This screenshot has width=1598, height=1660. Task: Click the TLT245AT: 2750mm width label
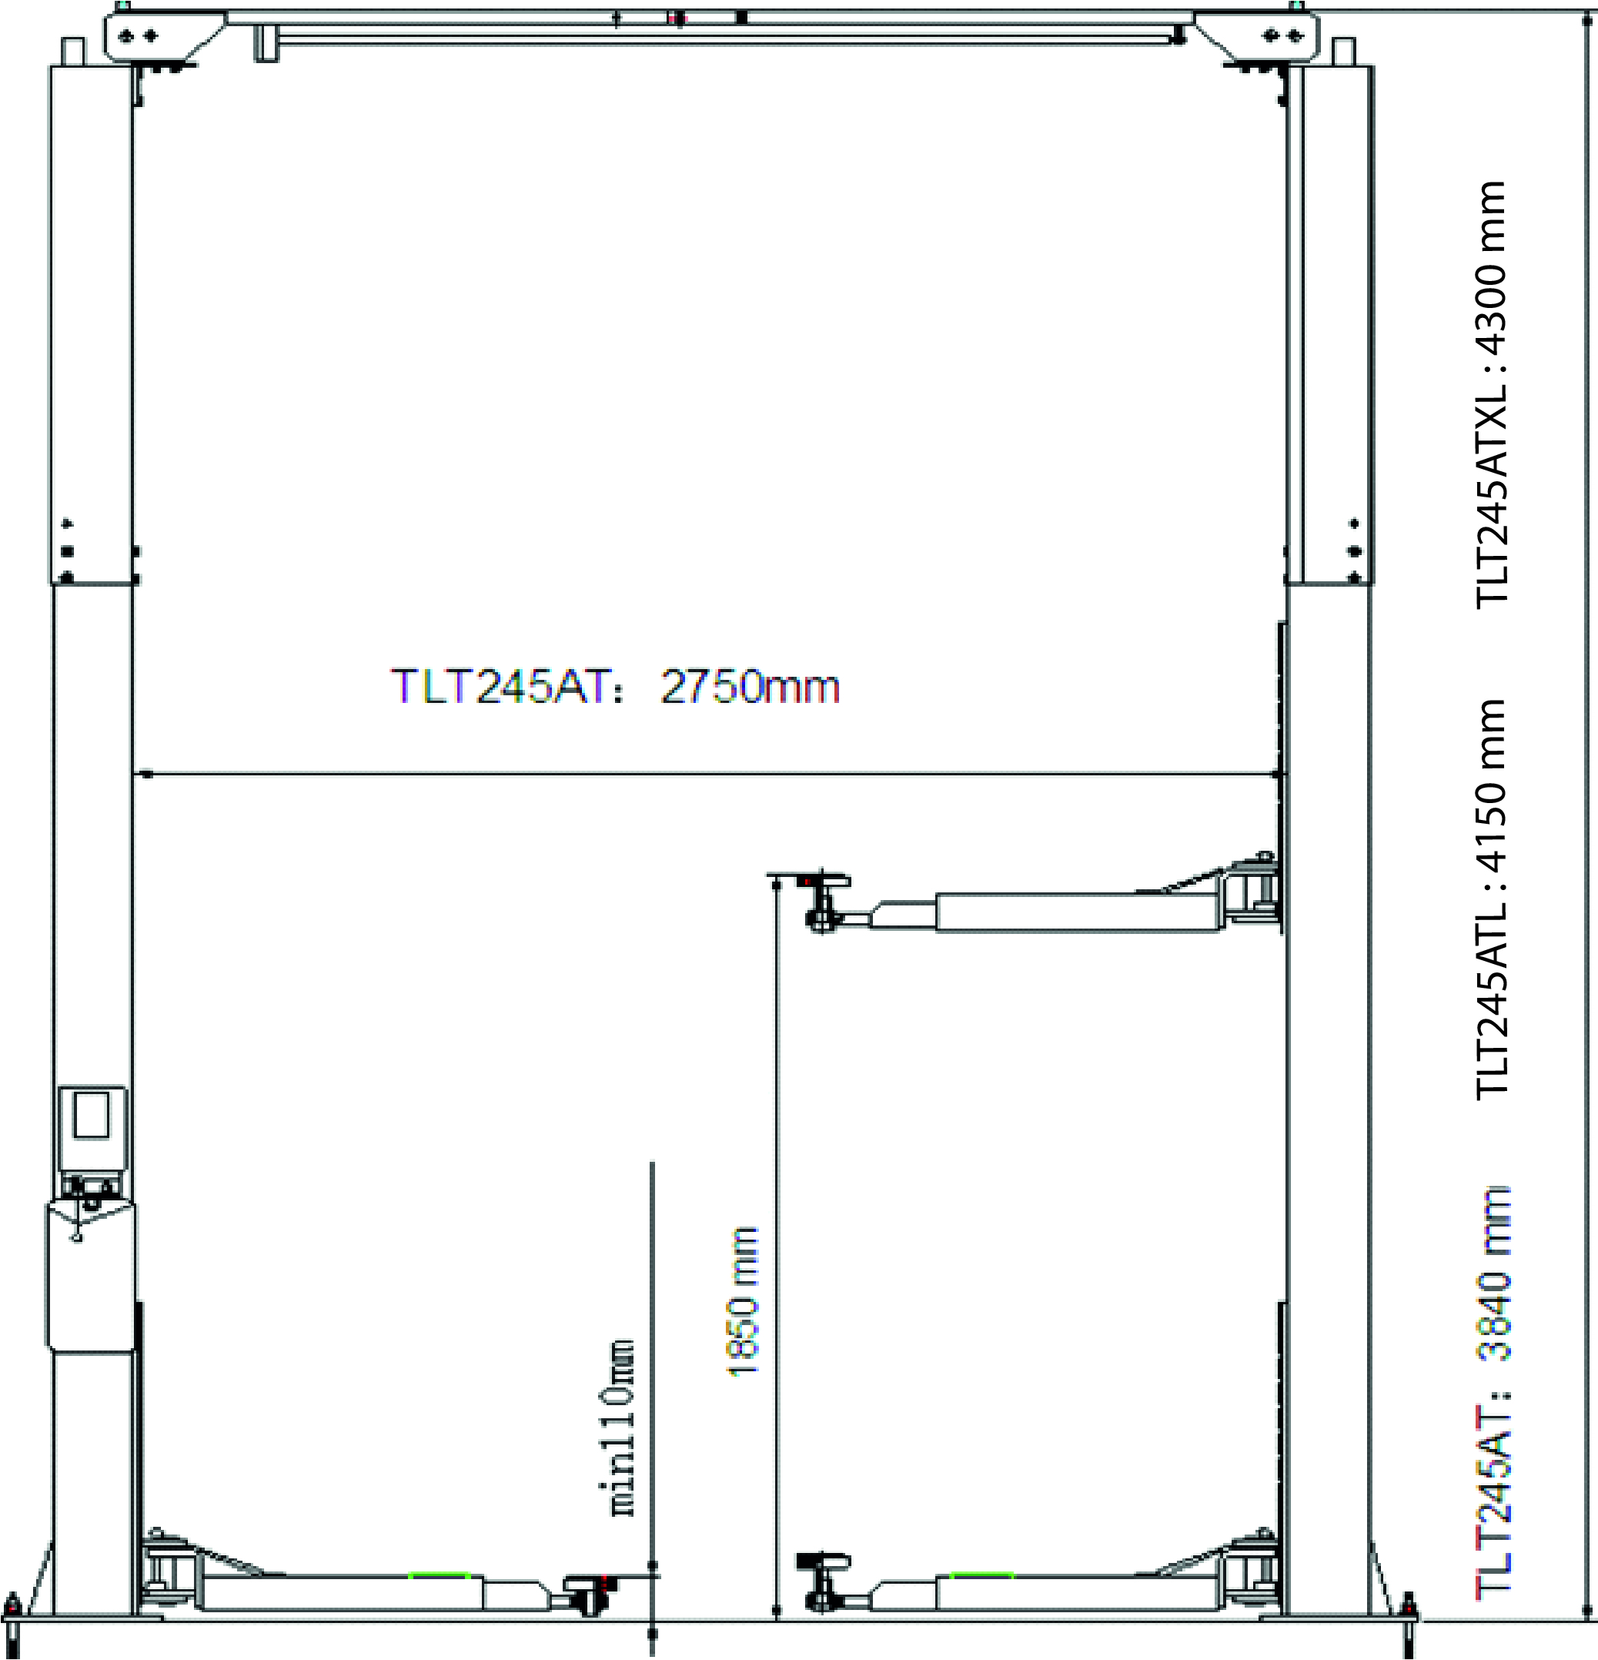[616, 686]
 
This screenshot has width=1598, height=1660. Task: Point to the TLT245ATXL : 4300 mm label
[1492, 393]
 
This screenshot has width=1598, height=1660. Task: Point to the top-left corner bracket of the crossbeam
[166, 38]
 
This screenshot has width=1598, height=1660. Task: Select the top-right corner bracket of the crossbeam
[1257, 38]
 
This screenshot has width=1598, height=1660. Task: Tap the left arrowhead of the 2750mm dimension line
[145, 773]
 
